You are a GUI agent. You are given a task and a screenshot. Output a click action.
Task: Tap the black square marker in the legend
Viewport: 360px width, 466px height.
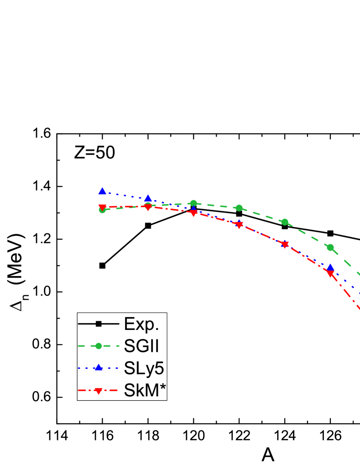point(99,324)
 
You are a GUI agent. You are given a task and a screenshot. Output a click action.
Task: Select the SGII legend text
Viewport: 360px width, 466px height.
point(141,346)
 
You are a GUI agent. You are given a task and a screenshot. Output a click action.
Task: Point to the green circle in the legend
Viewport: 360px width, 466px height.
point(99,346)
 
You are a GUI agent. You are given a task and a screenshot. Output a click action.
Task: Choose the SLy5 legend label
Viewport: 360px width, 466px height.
point(144,368)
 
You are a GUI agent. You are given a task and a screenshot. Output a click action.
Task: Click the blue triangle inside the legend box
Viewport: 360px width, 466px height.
point(99,368)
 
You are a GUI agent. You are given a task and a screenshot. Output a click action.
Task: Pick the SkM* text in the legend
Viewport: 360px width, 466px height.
point(144,390)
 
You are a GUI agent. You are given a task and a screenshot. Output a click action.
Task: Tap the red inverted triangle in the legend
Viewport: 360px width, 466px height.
point(99,391)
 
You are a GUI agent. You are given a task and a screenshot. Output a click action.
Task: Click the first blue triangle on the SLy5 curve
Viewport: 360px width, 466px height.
point(102,191)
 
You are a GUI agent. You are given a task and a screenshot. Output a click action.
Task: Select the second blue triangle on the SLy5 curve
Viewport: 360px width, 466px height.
point(148,198)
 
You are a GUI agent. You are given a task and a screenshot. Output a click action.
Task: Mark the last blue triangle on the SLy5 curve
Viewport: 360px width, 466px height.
point(330,267)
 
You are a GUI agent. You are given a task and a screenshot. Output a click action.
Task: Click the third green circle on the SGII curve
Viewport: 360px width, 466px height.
point(193,203)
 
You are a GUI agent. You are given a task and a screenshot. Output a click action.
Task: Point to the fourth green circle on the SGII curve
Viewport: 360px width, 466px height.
point(239,208)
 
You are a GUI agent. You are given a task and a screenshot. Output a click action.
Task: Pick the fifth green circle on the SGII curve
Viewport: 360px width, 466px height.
point(285,222)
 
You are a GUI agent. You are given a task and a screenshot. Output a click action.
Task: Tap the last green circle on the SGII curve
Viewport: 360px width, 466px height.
point(330,247)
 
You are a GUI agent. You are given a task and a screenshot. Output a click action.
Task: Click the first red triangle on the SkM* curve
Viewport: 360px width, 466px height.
point(102,208)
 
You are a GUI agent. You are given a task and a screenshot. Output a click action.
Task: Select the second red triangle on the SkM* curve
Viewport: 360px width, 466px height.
point(148,208)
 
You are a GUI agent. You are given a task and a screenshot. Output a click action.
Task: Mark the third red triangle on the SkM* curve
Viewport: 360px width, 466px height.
point(193,213)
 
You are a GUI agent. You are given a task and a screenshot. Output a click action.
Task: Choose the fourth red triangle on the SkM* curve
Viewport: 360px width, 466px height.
point(239,225)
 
